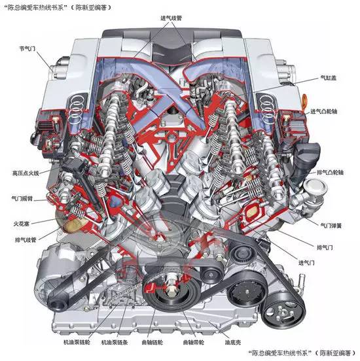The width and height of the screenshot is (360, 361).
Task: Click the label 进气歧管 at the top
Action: [x=171, y=18]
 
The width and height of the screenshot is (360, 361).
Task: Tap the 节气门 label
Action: [x=27, y=48]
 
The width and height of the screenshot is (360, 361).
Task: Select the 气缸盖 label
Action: [x=329, y=78]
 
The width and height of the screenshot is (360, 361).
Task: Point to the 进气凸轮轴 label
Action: [x=324, y=111]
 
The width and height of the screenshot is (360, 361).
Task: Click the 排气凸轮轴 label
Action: [x=331, y=172]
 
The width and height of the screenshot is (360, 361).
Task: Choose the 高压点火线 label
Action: [x=26, y=173]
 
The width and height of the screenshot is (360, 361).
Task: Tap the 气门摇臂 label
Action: [x=22, y=198]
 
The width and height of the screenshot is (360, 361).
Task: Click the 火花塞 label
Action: [x=22, y=223]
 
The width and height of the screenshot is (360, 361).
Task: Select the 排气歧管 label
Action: [x=26, y=240]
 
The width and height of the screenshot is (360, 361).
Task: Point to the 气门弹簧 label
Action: [x=331, y=226]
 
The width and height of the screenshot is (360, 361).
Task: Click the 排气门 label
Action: [x=325, y=247]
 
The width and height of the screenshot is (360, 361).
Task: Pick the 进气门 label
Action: [x=306, y=263]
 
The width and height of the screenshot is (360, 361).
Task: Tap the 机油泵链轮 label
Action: [x=77, y=342]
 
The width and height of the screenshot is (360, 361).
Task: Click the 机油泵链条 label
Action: [x=115, y=342]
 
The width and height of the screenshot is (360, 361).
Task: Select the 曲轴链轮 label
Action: [x=152, y=342]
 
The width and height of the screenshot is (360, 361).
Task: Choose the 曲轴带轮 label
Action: [x=194, y=342]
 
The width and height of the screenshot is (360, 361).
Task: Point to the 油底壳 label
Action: [x=233, y=342]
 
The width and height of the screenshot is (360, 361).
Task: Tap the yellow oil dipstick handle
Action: [x=304, y=102]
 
